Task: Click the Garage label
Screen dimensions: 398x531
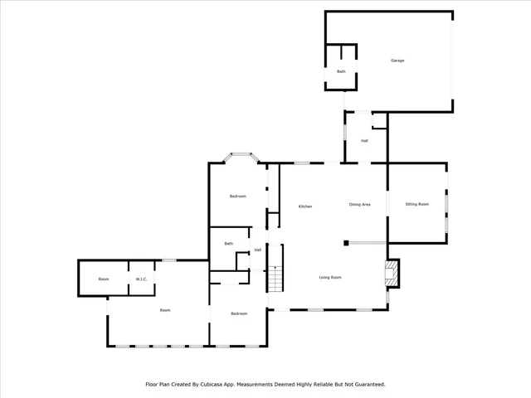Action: (397, 61)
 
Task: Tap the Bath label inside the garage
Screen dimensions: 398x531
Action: (340, 72)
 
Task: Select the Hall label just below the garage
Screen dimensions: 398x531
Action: (364, 141)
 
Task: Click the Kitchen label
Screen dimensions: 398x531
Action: (305, 206)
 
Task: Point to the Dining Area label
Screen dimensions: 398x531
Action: (359, 204)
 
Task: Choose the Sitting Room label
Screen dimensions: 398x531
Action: (417, 204)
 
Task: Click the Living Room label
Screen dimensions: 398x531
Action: (330, 278)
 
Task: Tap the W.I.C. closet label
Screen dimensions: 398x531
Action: (141, 279)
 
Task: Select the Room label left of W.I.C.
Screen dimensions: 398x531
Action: (104, 279)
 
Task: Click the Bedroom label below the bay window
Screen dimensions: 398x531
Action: (238, 197)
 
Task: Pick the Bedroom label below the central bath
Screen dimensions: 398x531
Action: (239, 313)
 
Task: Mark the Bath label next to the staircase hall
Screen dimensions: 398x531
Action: (228, 244)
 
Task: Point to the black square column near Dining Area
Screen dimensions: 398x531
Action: (346, 243)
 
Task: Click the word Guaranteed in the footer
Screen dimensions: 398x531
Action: (366, 385)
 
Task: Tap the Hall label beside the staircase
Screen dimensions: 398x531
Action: (258, 250)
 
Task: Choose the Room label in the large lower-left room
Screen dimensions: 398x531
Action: (165, 310)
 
